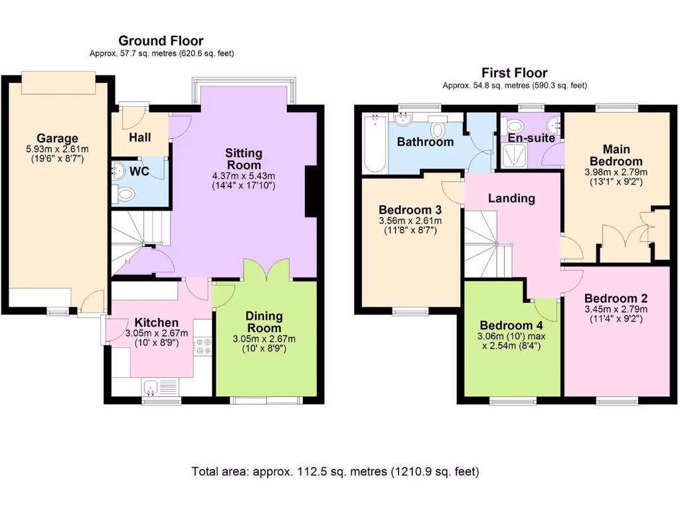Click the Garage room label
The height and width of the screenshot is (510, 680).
click(57, 138)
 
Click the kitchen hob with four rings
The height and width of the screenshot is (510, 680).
click(203, 346)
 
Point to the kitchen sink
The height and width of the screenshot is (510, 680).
click(151, 386)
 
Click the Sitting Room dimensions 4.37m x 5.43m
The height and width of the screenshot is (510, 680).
click(244, 176)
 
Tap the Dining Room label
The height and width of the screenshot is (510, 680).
click(264, 322)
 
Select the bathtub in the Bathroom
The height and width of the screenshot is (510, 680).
click(375, 144)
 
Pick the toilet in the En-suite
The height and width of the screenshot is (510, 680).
click(515, 126)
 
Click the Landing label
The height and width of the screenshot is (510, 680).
click(511, 198)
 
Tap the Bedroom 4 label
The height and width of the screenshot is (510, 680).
click(511, 325)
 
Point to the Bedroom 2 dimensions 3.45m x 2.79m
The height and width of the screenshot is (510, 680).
click(616, 309)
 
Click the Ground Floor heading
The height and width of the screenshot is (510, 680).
click(161, 41)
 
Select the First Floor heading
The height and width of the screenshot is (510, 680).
click(515, 72)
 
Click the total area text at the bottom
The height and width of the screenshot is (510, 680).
click(335, 471)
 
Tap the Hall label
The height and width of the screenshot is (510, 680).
click(139, 137)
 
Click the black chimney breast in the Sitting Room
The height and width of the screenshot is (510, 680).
click(311, 191)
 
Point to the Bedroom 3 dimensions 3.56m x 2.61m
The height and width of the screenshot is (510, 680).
click(410, 220)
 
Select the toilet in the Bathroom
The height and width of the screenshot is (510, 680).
click(438, 127)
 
